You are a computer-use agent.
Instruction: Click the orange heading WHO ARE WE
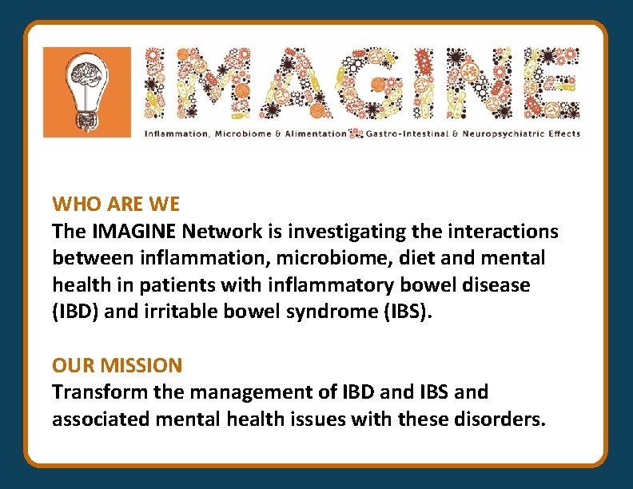(116, 205)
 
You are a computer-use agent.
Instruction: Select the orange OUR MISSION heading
(117, 366)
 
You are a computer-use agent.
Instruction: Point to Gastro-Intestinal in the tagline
(399, 133)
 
